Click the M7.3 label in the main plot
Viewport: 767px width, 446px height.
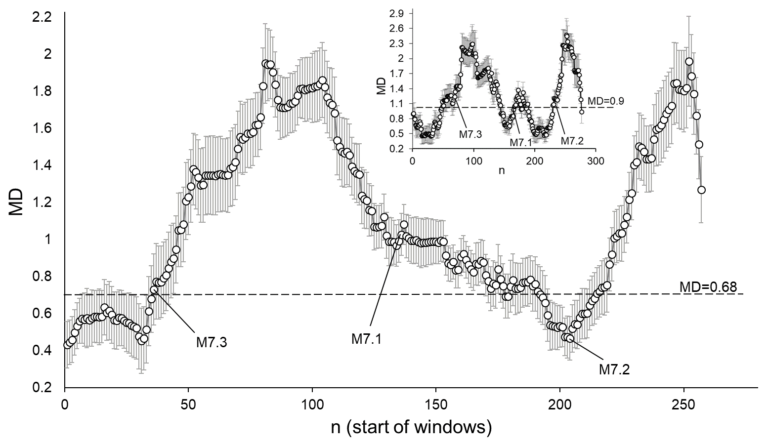212,342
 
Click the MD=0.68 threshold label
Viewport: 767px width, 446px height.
708,286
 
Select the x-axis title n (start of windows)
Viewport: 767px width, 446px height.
411,427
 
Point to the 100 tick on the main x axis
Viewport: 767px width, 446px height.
312,402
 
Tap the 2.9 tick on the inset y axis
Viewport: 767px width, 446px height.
396,13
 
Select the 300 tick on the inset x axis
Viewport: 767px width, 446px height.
596,161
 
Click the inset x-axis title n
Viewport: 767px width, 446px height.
501,171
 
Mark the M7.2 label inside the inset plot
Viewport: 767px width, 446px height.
572,141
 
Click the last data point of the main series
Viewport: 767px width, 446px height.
701,190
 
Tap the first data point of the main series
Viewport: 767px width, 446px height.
67,345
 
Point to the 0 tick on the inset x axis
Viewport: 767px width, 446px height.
413,161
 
